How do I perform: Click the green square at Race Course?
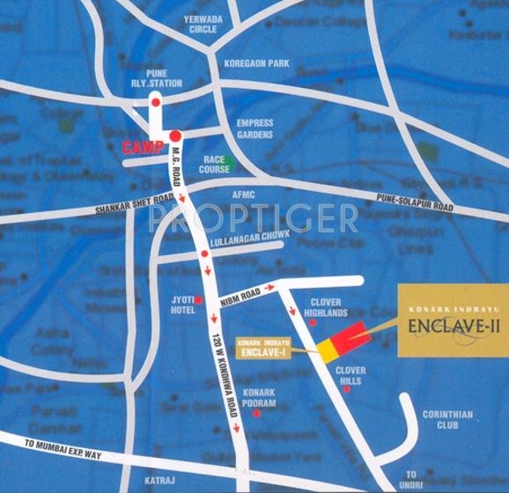(226, 162)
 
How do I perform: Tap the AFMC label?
(244, 195)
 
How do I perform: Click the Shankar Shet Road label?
(134, 210)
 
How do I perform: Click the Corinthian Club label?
(447, 420)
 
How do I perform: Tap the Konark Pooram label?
(260, 398)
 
